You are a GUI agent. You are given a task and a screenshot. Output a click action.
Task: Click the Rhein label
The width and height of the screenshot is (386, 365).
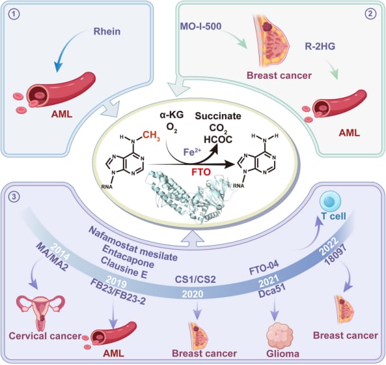[107, 31]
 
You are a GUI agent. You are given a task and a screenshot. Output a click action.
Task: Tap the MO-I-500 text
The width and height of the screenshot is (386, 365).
[200, 26]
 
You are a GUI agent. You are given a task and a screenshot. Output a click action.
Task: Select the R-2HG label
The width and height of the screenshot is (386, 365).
[320, 46]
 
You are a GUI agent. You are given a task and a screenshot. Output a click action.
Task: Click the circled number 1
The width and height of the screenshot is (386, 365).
[14, 14]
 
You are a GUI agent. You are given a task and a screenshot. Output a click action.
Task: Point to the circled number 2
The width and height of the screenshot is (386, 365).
[370, 14]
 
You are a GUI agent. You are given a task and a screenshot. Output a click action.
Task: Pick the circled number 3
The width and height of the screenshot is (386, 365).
[14, 197]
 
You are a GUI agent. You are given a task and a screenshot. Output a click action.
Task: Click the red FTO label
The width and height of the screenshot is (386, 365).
[201, 172]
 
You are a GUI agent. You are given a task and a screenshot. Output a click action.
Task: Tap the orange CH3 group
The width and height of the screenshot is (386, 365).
[151, 135]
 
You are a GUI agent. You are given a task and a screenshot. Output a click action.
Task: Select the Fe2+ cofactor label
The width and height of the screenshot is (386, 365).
[192, 152]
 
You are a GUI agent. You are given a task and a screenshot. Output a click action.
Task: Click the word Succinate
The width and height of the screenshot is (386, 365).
[218, 116]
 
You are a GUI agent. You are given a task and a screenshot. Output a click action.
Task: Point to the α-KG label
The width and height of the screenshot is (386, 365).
[172, 115]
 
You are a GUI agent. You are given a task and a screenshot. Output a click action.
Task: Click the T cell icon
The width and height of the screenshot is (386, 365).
[331, 201]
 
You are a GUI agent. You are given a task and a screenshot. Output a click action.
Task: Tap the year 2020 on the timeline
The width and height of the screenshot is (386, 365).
[193, 294]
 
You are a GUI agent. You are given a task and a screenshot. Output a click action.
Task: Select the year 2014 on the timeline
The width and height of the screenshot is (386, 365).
[60, 253]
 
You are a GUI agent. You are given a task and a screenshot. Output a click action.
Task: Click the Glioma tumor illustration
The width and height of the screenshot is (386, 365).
[280, 336]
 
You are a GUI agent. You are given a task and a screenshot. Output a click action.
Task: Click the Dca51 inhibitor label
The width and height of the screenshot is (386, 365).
[272, 291]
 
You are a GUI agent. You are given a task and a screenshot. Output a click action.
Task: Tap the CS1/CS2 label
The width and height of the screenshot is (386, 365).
[195, 279]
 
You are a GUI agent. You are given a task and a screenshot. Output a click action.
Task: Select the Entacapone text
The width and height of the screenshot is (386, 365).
[128, 257]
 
